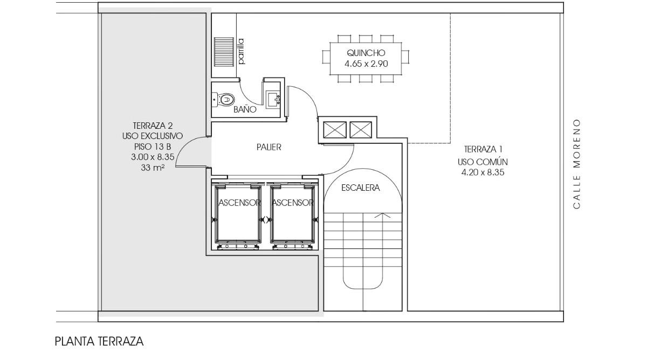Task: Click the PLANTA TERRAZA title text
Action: (99, 341)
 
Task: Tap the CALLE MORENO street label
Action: (576, 164)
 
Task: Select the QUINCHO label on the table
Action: (366, 53)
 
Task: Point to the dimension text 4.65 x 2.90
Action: (366, 64)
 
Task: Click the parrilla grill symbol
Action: (224, 52)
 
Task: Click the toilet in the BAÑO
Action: (224, 100)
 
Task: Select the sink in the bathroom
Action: (273, 100)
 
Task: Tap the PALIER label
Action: (269, 147)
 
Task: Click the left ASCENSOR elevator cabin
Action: (238, 214)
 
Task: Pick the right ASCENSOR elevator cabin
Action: (293, 214)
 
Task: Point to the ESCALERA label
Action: (361, 188)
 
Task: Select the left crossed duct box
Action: (335, 130)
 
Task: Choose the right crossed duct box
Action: (361, 130)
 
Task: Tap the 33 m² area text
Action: (153, 168)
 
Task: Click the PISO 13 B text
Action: (153, 147)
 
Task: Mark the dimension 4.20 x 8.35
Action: (483, 172)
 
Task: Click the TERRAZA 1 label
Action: (483, 149)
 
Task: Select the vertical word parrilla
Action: (241, 51)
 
